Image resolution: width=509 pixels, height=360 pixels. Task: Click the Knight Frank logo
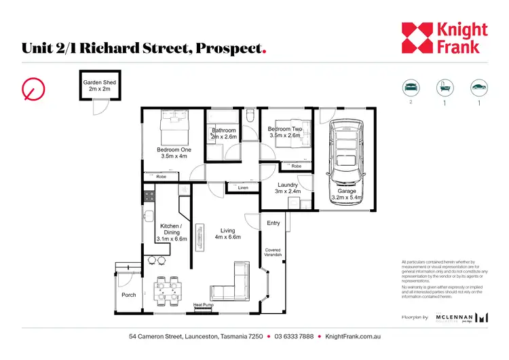click(x=444, y=38)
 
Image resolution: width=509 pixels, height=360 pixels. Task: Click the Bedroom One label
click(x=174, y=153)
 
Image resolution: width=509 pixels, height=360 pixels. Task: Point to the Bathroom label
click(x=224, y=134)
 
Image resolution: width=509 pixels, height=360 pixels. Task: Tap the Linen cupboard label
click(x=243, y=187)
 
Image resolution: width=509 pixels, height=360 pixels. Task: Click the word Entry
click(x=274, y=223)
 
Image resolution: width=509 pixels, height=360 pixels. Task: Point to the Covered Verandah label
click(x=273, y=254)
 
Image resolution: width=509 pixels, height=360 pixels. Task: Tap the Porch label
click(x=129, y=295)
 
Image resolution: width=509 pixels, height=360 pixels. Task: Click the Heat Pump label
click(x=203, y=305)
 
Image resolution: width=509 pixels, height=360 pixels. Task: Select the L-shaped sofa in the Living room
click(x=231, y=284)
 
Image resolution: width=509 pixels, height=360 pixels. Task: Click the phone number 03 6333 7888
click(x=294, y=337)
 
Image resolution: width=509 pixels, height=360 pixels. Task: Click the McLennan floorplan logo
click(x=465, y=317)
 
